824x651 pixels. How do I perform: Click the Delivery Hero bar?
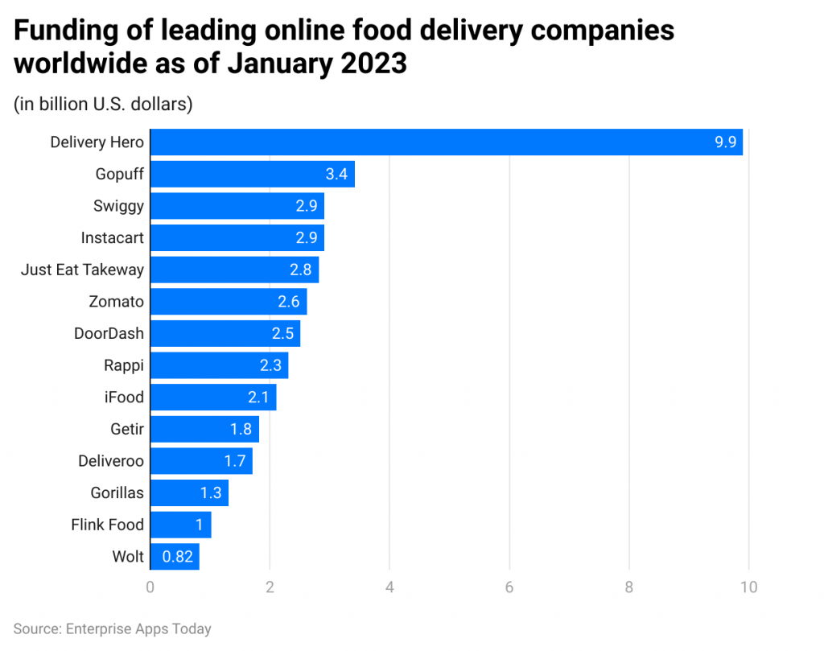pos(446,142)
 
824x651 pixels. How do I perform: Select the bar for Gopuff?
pos(252,174)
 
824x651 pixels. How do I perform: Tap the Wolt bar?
pos(175,556)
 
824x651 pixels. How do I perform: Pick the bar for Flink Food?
pos(180,525)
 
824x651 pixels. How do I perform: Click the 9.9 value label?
pos(724,142)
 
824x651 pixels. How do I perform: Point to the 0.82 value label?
pos(177,556)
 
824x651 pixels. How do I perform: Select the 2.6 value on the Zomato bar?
pos(288,302)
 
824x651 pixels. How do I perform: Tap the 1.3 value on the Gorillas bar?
pos(211,492)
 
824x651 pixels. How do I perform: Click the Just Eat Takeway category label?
pos(82,270)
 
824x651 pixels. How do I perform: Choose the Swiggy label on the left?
pos(118,206)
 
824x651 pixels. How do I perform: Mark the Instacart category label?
pos(112,238)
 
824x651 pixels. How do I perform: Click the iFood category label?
pos(123,398)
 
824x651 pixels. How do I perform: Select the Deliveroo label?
pos(111,461)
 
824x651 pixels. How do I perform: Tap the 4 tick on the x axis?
pos(389,587)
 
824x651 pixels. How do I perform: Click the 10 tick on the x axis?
pos(748,587)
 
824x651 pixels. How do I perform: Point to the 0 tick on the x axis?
pos(150,587)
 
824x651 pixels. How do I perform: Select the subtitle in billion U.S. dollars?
pos(103,105)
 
